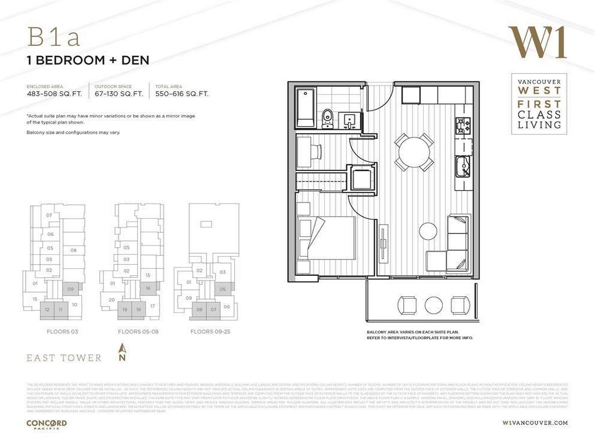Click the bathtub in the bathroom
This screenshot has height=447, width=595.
[306, 108]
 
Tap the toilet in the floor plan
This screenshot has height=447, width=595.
[327, 118]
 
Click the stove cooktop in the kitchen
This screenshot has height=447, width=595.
[463, 126]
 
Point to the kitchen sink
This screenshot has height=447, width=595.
[463, 166]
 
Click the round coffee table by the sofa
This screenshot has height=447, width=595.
[428, 231]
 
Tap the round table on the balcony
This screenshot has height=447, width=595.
[433, 305]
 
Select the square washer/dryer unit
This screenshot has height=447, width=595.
[361, 179]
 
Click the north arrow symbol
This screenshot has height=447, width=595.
[122, 353]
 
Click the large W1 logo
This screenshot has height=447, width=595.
[537, 42]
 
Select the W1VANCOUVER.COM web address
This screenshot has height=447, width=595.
[535, 423]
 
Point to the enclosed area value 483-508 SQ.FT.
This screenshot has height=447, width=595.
[54, 93]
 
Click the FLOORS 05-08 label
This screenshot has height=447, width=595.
[137, 331]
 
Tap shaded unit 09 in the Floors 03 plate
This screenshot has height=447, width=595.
[71, 289]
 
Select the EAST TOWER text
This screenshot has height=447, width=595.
[64, 357]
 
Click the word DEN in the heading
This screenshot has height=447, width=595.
[135, 60]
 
